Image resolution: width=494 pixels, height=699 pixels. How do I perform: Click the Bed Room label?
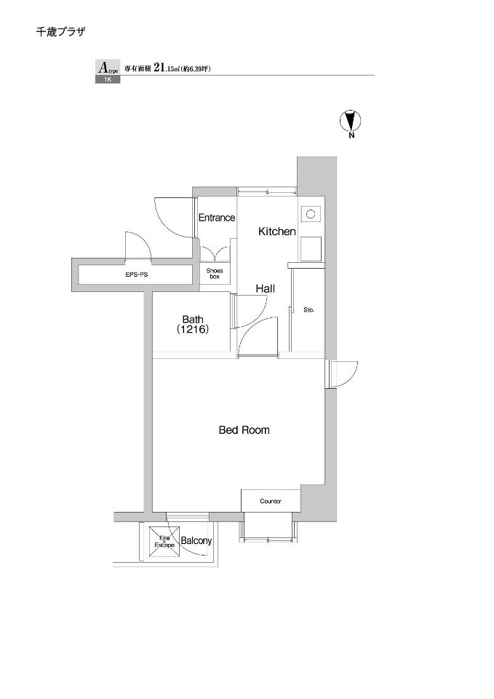pos(244,430)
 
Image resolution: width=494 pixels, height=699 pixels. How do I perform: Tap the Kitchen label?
pos(277,232)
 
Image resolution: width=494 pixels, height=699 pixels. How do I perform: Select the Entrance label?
pos(217,218)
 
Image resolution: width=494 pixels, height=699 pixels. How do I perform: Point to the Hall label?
pos(265,289)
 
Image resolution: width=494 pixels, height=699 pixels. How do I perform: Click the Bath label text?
pos(193,319)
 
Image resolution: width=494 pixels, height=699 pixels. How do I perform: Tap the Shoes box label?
pos(215,274)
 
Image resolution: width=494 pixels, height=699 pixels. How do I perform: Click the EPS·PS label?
pos(136,275)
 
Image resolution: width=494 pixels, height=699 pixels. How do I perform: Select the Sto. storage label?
pos(308,310)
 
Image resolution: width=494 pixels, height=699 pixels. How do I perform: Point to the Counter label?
pos(271,502)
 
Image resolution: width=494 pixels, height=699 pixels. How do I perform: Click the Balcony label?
pos(196,541)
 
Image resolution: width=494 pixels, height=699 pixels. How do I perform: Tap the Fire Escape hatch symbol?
pos(164,542)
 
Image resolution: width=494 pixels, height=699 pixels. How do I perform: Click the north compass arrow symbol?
pos(350,120)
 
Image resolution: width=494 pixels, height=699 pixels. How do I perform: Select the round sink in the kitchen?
pos(311,214)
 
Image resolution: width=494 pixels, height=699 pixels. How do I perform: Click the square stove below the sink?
pos(311,249)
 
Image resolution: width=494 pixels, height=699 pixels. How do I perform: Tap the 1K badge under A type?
pos(107,80)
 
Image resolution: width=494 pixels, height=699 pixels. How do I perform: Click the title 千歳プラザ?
pos(60,32)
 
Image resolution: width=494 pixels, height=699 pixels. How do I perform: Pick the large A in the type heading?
pos(103,68)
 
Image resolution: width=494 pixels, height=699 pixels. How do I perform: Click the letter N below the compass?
pos(351,135)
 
